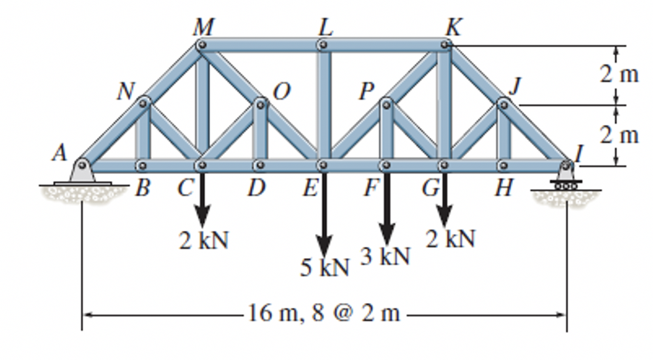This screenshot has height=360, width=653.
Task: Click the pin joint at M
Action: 202,45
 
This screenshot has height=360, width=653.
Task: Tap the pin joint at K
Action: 445,45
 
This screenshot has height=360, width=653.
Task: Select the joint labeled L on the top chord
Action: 323,45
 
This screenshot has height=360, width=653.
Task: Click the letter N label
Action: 125,92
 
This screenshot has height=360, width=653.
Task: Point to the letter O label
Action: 280,92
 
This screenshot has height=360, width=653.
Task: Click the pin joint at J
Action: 503,104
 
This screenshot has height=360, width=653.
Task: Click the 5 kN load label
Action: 325,267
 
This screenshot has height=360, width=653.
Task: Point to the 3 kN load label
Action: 385,256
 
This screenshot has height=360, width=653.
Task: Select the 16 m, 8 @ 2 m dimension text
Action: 324,314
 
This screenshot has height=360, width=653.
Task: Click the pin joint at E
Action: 323,165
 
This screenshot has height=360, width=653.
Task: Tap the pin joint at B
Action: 141,165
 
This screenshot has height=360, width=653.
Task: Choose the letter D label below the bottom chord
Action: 256,188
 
